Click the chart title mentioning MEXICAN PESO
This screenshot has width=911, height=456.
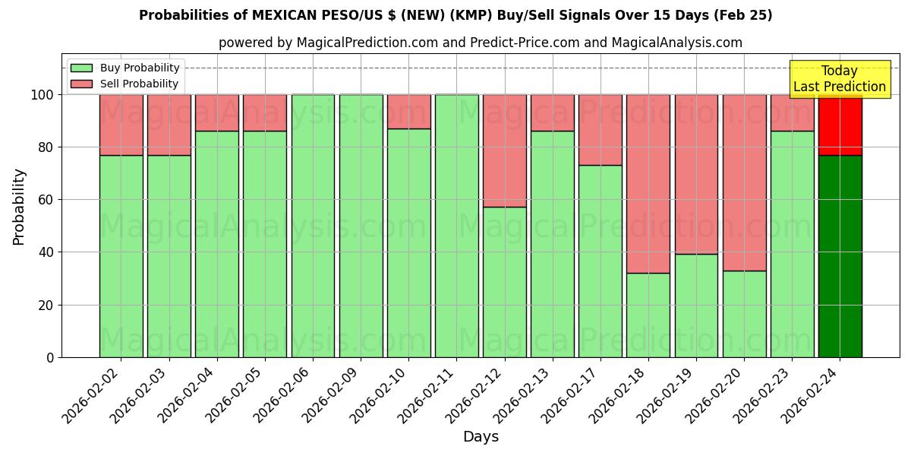coord(455,15)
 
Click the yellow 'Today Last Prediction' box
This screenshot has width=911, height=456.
coord(840,79)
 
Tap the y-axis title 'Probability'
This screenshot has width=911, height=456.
coord(19,206)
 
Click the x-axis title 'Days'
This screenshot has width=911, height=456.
coord(481,437)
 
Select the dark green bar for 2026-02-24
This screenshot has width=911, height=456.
coord(840,256)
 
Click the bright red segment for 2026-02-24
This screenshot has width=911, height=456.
coord(840,125)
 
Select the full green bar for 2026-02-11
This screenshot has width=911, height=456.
coord(456,226)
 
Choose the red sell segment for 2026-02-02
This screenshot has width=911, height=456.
coord(121,125)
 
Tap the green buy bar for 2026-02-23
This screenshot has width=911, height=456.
coord(792,244)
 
